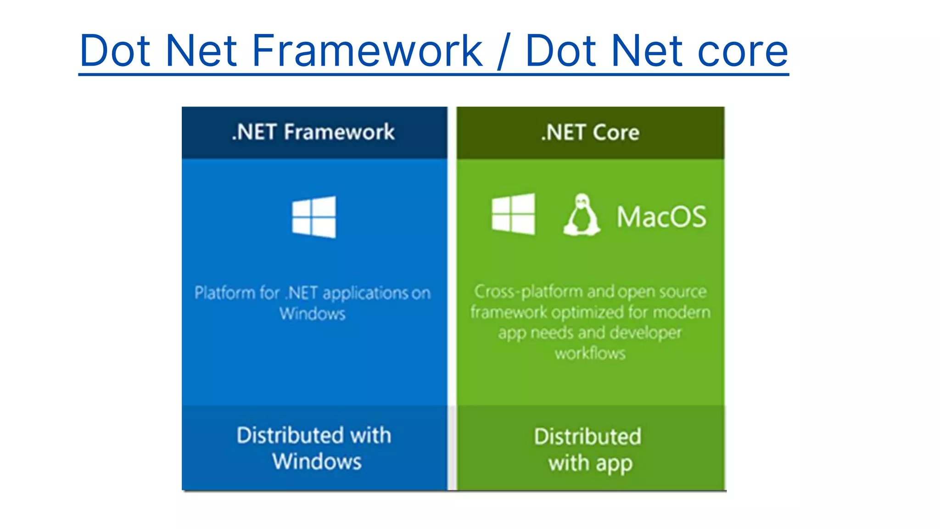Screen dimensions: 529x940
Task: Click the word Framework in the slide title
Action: [x=367, y=51]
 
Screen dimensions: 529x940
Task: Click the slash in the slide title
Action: [x=504, y=51]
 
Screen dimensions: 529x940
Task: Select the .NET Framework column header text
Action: [x=313, y=132]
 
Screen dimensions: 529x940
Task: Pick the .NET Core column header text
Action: [x=590, y=133]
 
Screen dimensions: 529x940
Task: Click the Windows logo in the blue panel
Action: [x=314, y=217]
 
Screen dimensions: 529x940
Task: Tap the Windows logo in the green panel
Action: [x=513, y=214]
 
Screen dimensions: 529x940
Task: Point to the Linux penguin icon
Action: [x=582, y=215]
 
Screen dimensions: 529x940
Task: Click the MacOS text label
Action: [x=661, y=217]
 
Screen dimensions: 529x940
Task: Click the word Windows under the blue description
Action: [x=313, y=314]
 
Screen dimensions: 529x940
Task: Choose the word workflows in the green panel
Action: [x=590, y=354]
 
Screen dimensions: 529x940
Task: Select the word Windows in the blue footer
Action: [x=317, y=461]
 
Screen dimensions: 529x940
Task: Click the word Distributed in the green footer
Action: [x=587, y=437]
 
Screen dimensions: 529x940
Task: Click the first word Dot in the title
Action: [x=115, y=51]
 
